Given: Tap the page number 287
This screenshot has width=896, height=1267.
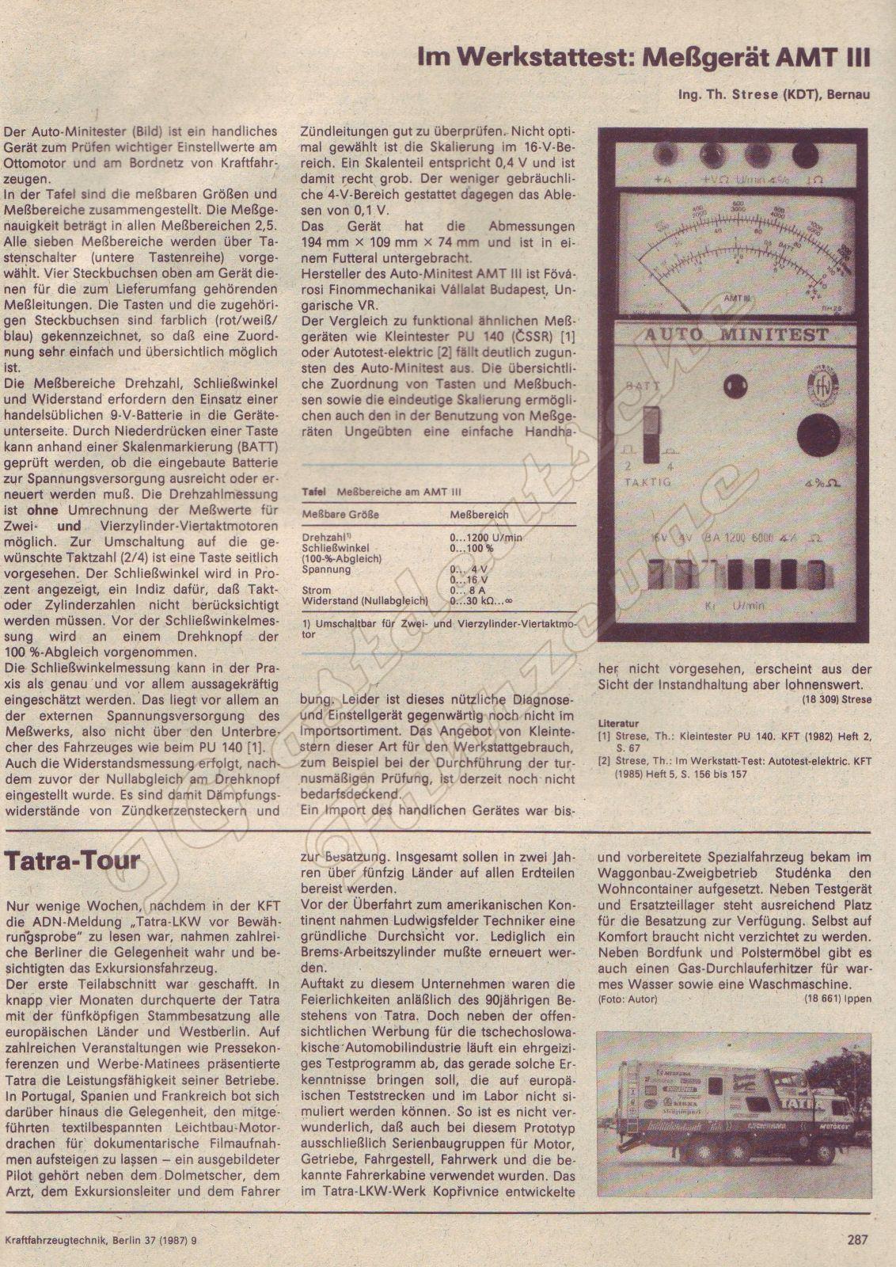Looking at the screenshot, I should click(856, 1239).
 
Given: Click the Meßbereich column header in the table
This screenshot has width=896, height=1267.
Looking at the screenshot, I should click(479, 515).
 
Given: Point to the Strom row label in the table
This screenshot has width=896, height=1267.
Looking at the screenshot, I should click(317, 590).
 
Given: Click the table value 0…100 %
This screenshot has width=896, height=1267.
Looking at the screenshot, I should click(472, 547).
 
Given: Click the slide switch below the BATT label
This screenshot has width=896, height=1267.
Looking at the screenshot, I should click(651, 433).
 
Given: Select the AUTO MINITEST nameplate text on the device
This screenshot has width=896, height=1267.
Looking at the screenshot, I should click(735, 335).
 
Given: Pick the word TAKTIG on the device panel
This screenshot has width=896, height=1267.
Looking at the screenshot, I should click(647, 481).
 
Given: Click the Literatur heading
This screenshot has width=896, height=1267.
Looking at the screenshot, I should click(618, 724).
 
